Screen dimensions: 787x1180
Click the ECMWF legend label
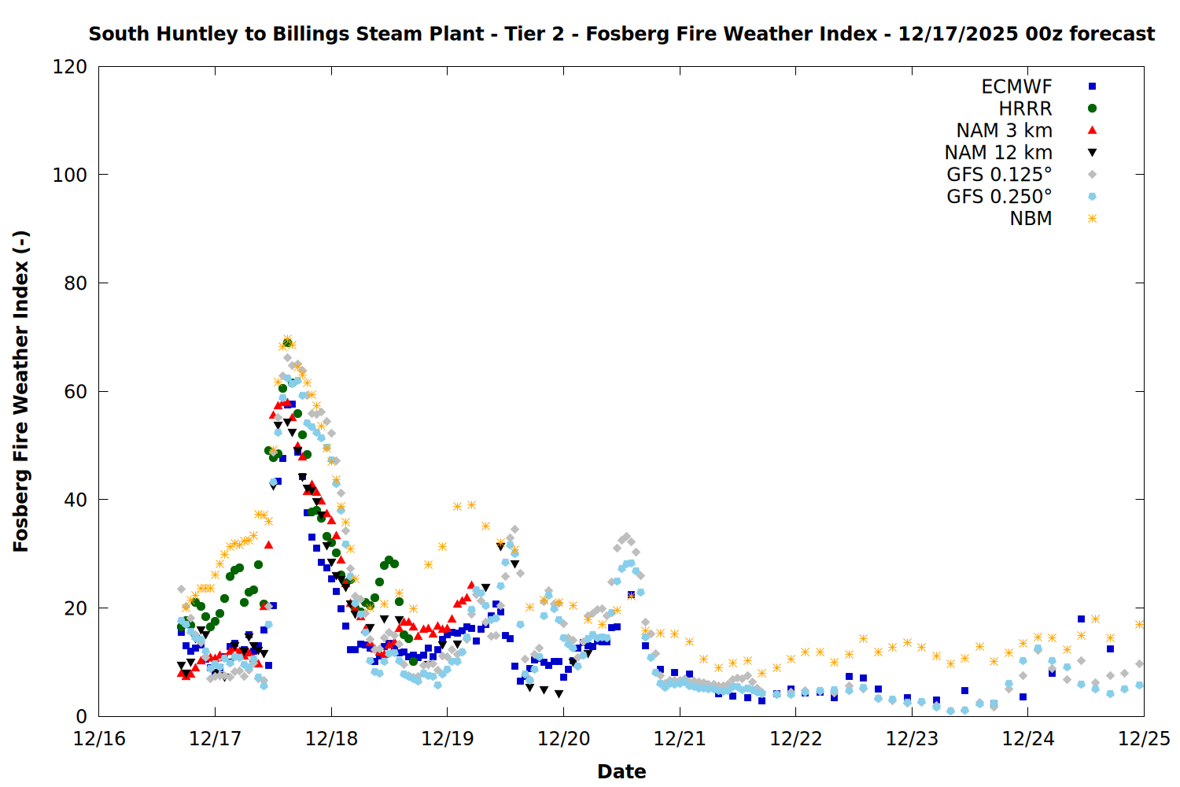point(1016,87)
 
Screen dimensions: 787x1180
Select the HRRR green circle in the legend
point(1092,109)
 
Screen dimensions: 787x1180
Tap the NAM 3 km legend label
point(1004,131)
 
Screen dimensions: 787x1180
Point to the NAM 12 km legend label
point(998,153)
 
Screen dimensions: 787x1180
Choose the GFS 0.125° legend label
point(999,175)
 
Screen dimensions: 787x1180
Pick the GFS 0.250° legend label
point(999,197)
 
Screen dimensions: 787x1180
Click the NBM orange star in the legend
point(1092,219)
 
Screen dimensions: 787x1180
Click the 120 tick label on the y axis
point(70,67)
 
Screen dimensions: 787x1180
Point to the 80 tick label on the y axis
point(76,283)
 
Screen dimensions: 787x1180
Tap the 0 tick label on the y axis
point(82,717)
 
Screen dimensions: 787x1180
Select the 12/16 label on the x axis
point(99,739)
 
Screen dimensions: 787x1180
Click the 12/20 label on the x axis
point(563,739)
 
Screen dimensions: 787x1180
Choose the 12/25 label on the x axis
point(1144,739)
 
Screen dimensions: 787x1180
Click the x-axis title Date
point(621,771)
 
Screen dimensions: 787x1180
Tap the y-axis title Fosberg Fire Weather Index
point(21,391)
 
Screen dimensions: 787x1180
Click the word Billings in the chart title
point(312,34)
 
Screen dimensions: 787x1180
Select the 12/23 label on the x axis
point(912,739)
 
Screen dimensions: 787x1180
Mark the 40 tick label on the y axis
point(76,500)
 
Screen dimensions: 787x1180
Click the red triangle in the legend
point(1092,131)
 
